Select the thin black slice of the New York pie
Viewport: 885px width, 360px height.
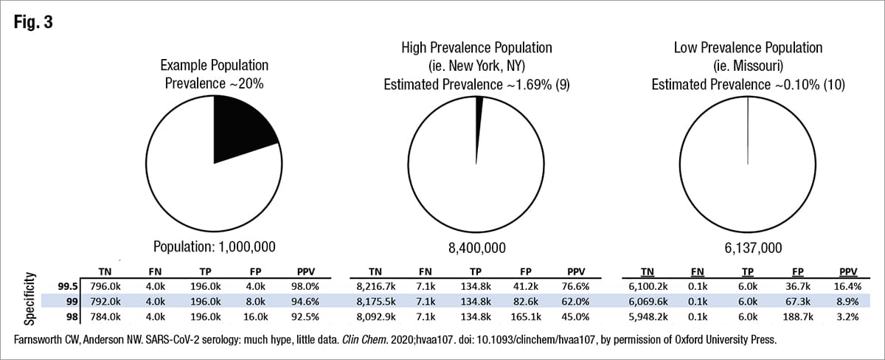tap(479, 105)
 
